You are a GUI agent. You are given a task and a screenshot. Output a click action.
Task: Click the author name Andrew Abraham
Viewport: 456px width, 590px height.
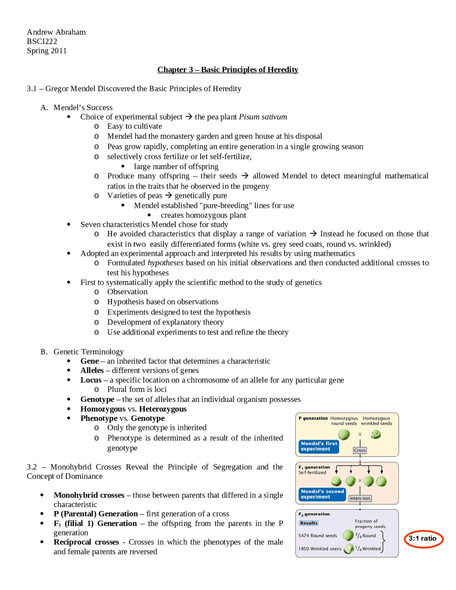(56, 32)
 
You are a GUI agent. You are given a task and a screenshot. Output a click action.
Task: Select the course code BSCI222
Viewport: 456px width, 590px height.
(42, 41)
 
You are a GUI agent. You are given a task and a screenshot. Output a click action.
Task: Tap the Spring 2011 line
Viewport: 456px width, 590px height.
(47, 51)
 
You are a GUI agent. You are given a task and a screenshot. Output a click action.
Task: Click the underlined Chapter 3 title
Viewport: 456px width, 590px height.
(228, 69)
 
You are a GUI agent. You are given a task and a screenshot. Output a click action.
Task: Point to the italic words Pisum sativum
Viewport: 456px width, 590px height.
(263, 117)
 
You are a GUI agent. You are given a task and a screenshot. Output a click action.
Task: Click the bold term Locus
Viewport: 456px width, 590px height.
(91, 380)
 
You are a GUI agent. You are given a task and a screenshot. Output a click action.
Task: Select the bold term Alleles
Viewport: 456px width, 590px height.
(92, 370)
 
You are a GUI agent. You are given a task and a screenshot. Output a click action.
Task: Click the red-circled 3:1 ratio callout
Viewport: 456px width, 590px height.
(423, 538)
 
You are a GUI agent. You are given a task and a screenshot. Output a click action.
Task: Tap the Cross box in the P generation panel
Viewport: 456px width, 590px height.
(360, 450)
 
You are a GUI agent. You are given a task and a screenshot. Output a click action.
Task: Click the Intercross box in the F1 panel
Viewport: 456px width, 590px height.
(360, 498)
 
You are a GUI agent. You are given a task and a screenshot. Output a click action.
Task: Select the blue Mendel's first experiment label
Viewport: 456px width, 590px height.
(318, 446)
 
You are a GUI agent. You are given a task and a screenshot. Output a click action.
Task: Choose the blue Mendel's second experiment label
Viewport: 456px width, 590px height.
(322, 494)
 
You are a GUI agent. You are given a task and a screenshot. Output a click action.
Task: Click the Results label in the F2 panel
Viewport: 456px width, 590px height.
(309, 523)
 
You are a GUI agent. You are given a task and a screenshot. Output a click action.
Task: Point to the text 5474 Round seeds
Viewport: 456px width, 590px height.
(317, 535)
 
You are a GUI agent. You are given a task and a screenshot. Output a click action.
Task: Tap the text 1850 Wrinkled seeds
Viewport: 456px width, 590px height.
(320, 549)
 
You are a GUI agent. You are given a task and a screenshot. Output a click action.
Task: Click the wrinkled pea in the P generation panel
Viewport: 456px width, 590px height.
(376, 434)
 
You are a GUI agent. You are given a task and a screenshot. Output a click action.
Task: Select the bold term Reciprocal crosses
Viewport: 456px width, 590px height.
(86, 542)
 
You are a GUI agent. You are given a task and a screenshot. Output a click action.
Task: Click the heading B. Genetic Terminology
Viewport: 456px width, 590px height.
(82, 352)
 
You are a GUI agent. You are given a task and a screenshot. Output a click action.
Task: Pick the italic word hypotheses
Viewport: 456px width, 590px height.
(165, 263)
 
